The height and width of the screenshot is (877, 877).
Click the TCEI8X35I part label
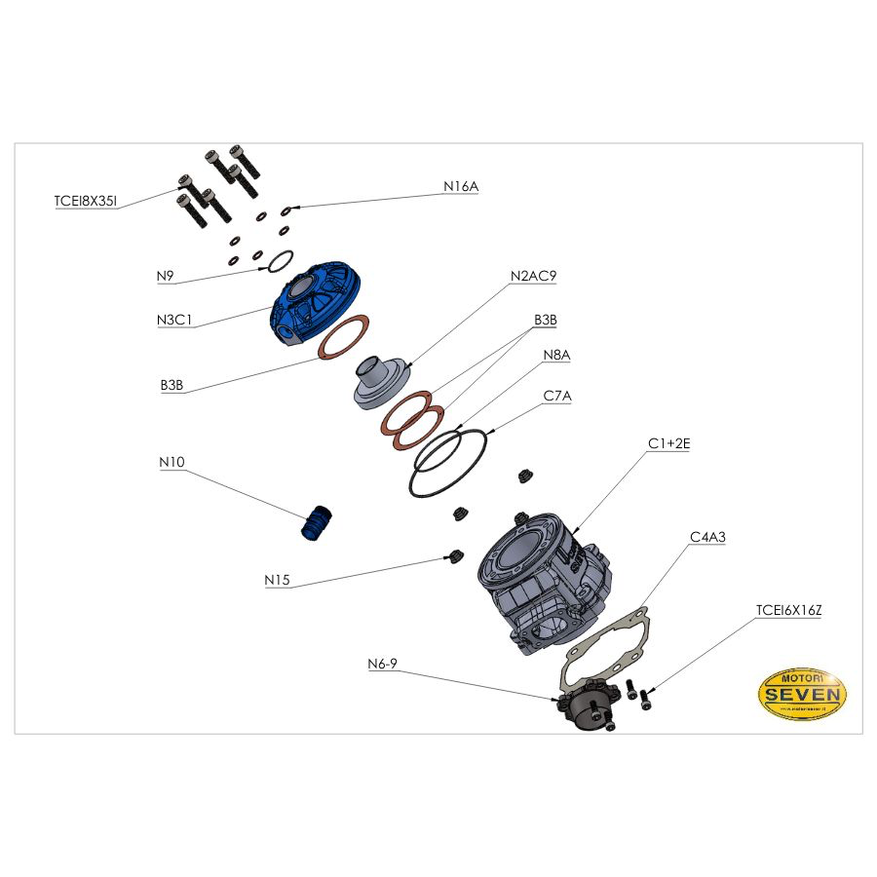click(86, 202)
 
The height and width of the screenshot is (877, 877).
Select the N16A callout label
click(461, 186)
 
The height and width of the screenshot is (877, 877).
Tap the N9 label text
click(166, 276)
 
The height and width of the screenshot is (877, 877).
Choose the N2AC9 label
click(533, 276)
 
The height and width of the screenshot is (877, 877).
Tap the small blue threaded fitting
click(316, 522)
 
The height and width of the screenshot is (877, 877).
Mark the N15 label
click(277, 580)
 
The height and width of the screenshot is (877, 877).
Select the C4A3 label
click(707, 537)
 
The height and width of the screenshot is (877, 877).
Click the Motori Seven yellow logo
click(802, 695)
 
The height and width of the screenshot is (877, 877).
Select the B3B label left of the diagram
click(172, 385)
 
